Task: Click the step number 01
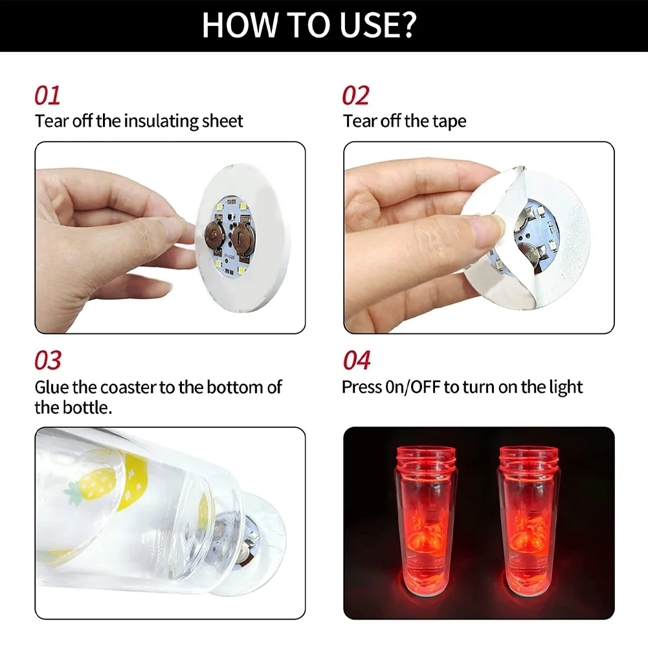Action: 47,95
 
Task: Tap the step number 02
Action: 356,95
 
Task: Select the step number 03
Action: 48,361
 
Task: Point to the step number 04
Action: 357,361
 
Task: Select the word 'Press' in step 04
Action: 363,387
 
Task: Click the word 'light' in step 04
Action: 565,387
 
